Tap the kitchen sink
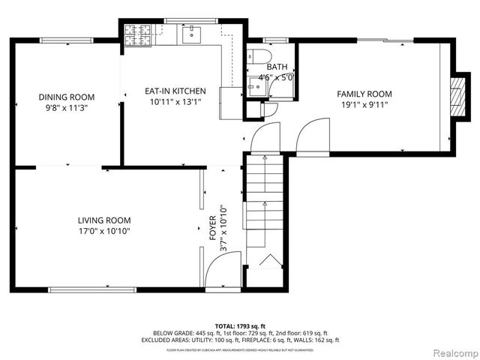coord(191,32)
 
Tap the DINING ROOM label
coord(67,97)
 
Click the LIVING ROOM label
coord(104,220)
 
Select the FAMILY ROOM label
coord(364,94)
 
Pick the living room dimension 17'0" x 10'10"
coord(104,231)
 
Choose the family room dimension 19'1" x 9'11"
coord(364,105)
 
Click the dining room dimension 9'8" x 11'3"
coord(67,108)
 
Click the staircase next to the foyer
coord(264,210)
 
